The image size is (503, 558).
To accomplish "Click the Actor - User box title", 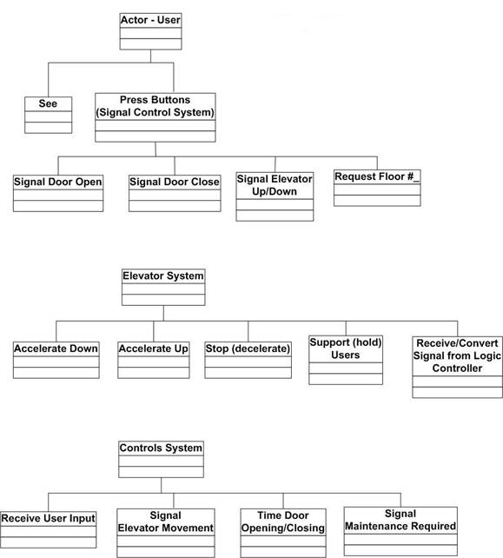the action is click(150, 20).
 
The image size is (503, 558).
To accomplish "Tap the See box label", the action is click(48, 103).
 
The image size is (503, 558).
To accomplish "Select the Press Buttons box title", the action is click(156, 106).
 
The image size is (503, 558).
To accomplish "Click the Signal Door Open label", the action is click(58, 182).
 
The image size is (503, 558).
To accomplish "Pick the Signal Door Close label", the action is click(175, 182).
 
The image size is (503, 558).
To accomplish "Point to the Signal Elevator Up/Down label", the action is click(275, 185).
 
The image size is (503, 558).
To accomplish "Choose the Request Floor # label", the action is click(377, 176).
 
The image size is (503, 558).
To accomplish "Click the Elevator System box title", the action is click(163, 276).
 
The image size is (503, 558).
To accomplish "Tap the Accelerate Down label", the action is click(56, 349).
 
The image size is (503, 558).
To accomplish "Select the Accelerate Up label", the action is click(153, 349).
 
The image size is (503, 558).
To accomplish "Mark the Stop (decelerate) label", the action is click(248, 349).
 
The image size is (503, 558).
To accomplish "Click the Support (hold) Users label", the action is click(346, 349).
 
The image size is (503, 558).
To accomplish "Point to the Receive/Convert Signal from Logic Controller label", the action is click(457, 355).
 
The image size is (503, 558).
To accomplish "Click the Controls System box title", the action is click(161, 448).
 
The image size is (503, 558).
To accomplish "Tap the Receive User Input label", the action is click(48, 518).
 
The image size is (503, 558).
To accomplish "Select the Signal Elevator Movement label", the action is click(165, 521).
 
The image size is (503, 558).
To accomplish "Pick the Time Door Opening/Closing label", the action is click(283, 521).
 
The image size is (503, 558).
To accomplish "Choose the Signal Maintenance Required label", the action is click(400, 520).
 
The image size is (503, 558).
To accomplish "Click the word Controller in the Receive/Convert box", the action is click(457, 368).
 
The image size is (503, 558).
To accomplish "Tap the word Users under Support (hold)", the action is click(346, 355).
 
